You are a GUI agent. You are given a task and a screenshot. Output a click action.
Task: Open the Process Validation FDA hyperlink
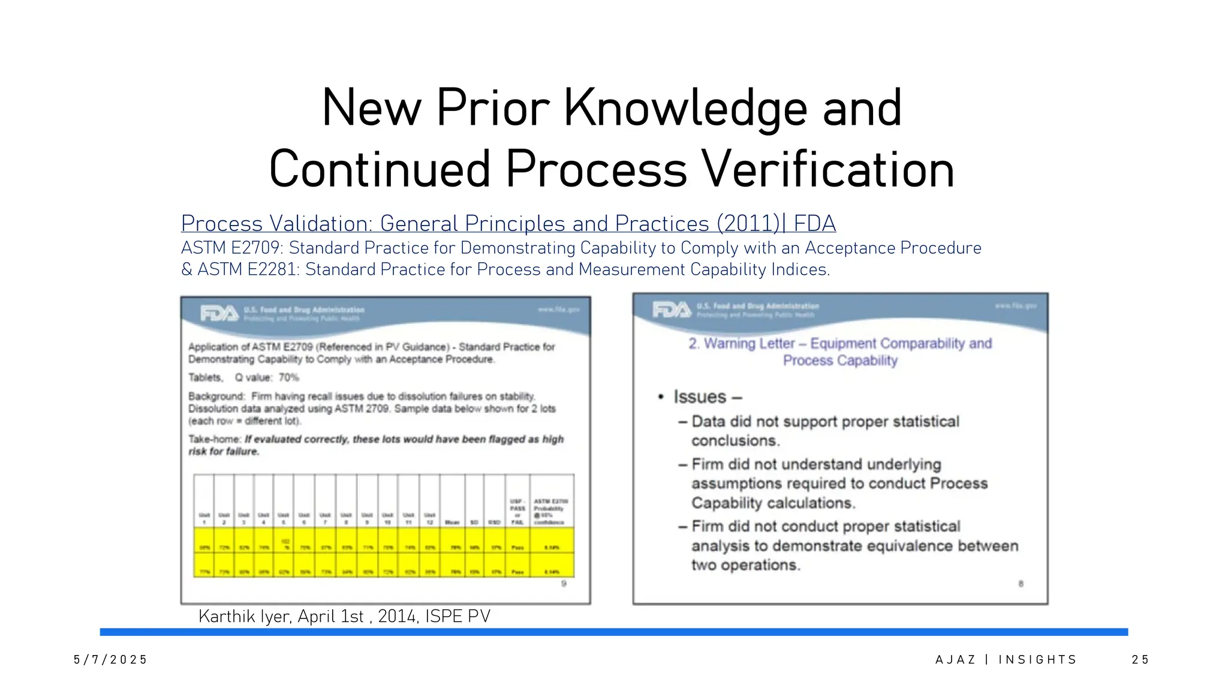[x=508, y=224]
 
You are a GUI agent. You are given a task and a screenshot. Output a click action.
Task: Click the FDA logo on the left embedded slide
[x=219, y=313]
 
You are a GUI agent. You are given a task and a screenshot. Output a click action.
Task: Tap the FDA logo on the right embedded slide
[x=671, y=310]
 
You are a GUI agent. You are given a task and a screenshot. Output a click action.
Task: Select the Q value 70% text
[x=267, y=377]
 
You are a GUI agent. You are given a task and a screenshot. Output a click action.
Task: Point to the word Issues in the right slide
[x=700, y=397]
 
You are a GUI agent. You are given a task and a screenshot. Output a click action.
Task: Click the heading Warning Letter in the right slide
[x=749, y=344]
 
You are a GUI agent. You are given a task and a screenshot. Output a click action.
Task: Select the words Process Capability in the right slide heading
[x=840, y=360]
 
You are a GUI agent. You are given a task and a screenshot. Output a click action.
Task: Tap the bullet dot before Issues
[x=661, y=397]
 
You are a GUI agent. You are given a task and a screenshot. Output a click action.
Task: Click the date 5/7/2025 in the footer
[x=110, y=660]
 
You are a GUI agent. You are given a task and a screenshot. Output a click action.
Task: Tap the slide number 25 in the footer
[x=1140, y=660]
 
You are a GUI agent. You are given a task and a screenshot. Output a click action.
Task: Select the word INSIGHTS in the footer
[x=1037, y=660]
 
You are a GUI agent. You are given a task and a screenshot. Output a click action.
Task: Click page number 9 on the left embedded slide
[x=564, y=584]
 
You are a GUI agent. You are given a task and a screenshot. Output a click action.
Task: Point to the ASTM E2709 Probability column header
[x=551, y=511]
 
